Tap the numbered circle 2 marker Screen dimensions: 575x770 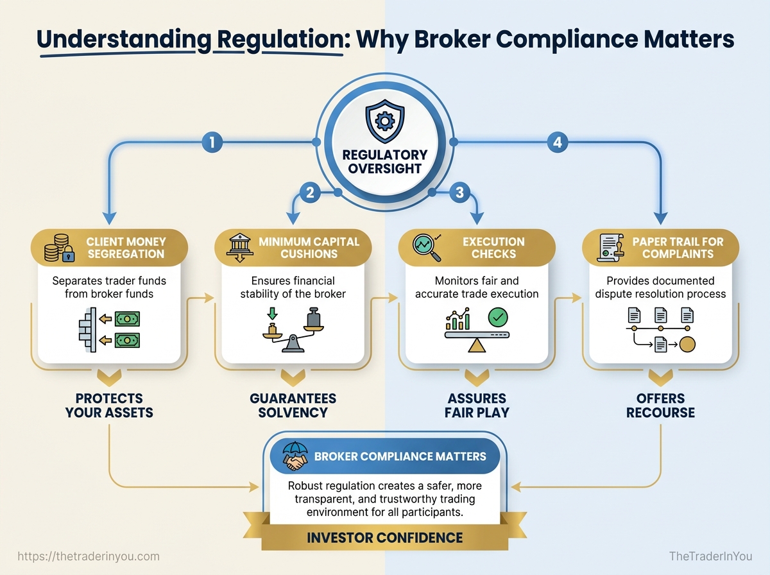[x=309, y=193]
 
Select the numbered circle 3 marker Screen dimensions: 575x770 [x=459, y=193]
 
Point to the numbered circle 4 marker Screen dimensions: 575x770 [x=557, y=142]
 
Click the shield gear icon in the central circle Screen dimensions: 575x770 [x=384, y=121]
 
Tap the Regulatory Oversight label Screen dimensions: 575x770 [x=384, y=162]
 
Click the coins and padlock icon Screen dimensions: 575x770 [x=57, y=248]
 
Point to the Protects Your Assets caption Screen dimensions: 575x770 [x=109, y=406]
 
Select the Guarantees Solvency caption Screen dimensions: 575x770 [x=293, y=406]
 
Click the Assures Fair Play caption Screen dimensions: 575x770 [x=477, y=406]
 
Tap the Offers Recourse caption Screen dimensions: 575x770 [x=661, y=406]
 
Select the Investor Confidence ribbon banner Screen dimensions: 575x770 [x=384, y=536]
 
